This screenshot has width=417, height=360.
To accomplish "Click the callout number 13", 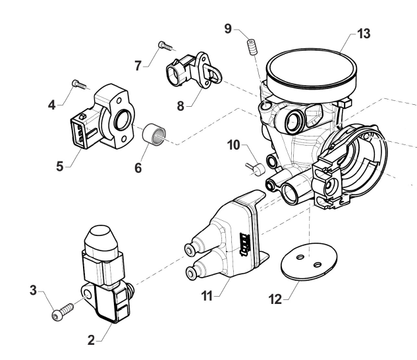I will click(364, 34).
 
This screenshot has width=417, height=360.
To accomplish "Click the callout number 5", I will click(61, 167).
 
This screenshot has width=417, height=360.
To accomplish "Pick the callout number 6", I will click(138, 168).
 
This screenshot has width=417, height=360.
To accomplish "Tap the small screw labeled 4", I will click(78, 84).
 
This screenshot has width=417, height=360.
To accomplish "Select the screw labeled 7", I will click(164, 46).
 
